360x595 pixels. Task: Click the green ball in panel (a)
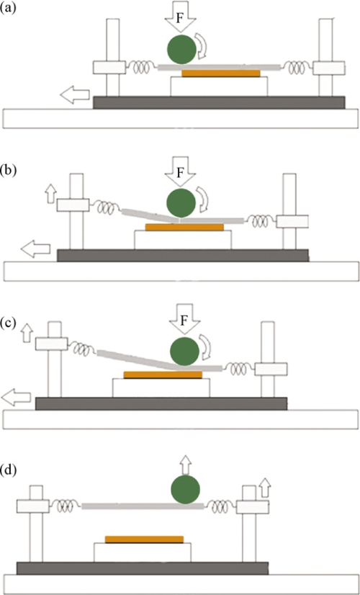[x=181, y=48]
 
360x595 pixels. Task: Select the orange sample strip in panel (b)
[x=185, y=228]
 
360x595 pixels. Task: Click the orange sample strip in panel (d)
[x=144, y=540]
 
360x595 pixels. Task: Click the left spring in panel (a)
[x=142, y=68]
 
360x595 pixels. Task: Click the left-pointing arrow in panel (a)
[x=75, y=96]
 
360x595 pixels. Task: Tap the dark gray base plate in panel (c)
[x=161, y=403]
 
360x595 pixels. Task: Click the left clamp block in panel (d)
[x=33, y=506]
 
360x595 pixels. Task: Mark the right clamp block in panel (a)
[x=329, y=68]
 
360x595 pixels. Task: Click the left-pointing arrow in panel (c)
[x=16, y=398]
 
